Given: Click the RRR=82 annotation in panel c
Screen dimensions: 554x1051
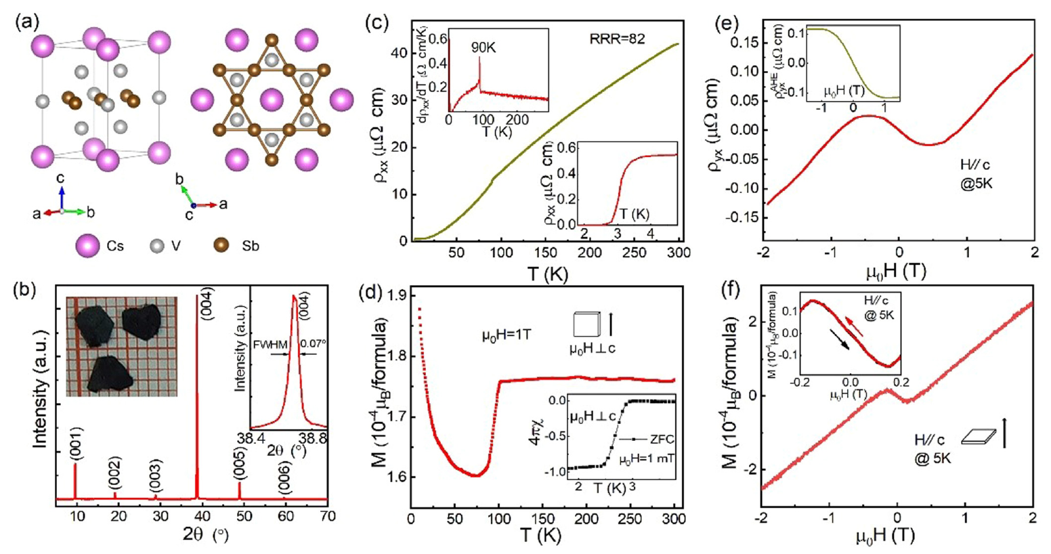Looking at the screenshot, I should coord(617,39).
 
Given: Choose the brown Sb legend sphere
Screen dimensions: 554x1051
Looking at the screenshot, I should coord(221,245).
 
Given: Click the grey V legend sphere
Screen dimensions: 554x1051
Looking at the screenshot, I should coord(158,245).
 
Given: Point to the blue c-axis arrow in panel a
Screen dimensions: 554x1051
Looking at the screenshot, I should coord(62,197).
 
